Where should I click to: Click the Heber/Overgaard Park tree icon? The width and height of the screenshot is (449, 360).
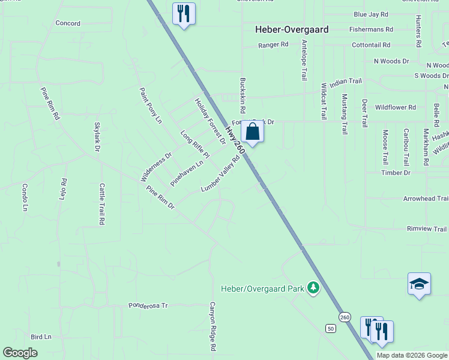pos(313,289)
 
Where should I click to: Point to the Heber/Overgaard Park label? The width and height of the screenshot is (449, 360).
pos(262,289)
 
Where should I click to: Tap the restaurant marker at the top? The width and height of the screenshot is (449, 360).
pos(184,14)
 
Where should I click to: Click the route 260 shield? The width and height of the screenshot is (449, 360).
pos(344,317)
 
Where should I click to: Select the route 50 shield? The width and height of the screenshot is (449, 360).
pos(331,328)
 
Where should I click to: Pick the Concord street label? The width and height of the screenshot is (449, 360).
pos(67,23)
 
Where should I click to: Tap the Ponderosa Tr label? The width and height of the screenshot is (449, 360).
pos(148,305)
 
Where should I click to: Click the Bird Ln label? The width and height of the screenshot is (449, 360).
pos(41,337)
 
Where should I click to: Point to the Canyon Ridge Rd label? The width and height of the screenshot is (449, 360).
pos(212,326)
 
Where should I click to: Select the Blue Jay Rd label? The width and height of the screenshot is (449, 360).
pos(370,14)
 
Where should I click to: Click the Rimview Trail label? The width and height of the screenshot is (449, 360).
pos(427,229)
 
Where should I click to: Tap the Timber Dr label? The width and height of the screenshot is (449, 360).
pos(396,173)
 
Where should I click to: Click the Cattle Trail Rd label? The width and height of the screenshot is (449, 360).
pos(102,204)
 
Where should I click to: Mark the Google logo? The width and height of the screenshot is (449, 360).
pos(20,353)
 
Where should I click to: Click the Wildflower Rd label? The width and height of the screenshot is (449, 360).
pos(395,107)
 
